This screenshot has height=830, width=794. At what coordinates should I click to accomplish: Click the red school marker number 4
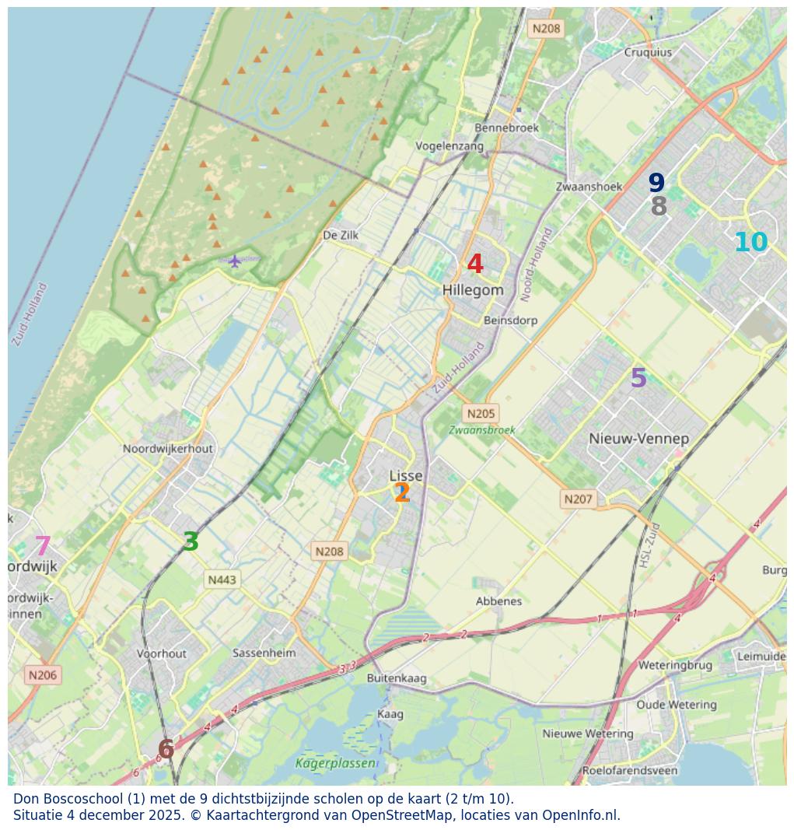[475, 264]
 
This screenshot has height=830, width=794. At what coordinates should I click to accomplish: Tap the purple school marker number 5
[638, 379]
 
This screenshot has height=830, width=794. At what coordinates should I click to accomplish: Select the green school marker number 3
[191, 542]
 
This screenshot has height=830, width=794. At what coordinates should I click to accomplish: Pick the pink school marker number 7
[43, 547]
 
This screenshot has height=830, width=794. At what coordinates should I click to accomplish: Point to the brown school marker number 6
[166, 750]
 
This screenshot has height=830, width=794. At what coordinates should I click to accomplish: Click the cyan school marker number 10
[750, 243]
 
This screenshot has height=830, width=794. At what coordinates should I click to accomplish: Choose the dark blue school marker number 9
[656, 184]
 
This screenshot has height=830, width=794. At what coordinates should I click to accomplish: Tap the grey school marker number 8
[659, 207]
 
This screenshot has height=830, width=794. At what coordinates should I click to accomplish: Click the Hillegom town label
[473, 290]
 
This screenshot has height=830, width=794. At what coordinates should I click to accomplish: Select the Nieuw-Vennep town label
[638, 439]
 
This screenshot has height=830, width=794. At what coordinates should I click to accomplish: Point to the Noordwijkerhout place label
[168, 449]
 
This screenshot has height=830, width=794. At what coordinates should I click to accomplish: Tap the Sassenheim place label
[264, 653]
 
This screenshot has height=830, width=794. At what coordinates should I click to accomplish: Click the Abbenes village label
[498, 601]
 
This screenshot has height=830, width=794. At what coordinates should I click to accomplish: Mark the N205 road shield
[480, 414]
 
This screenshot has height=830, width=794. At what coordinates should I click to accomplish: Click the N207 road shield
[579, 499]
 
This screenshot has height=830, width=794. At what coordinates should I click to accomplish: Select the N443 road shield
[222, 580]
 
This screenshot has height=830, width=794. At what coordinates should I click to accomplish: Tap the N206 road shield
[43, 675]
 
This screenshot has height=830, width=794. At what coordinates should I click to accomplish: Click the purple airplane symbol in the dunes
[235, 260]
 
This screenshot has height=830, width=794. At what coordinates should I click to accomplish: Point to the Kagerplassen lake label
[335, 764]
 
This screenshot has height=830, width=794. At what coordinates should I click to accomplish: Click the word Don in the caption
[26, 799]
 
